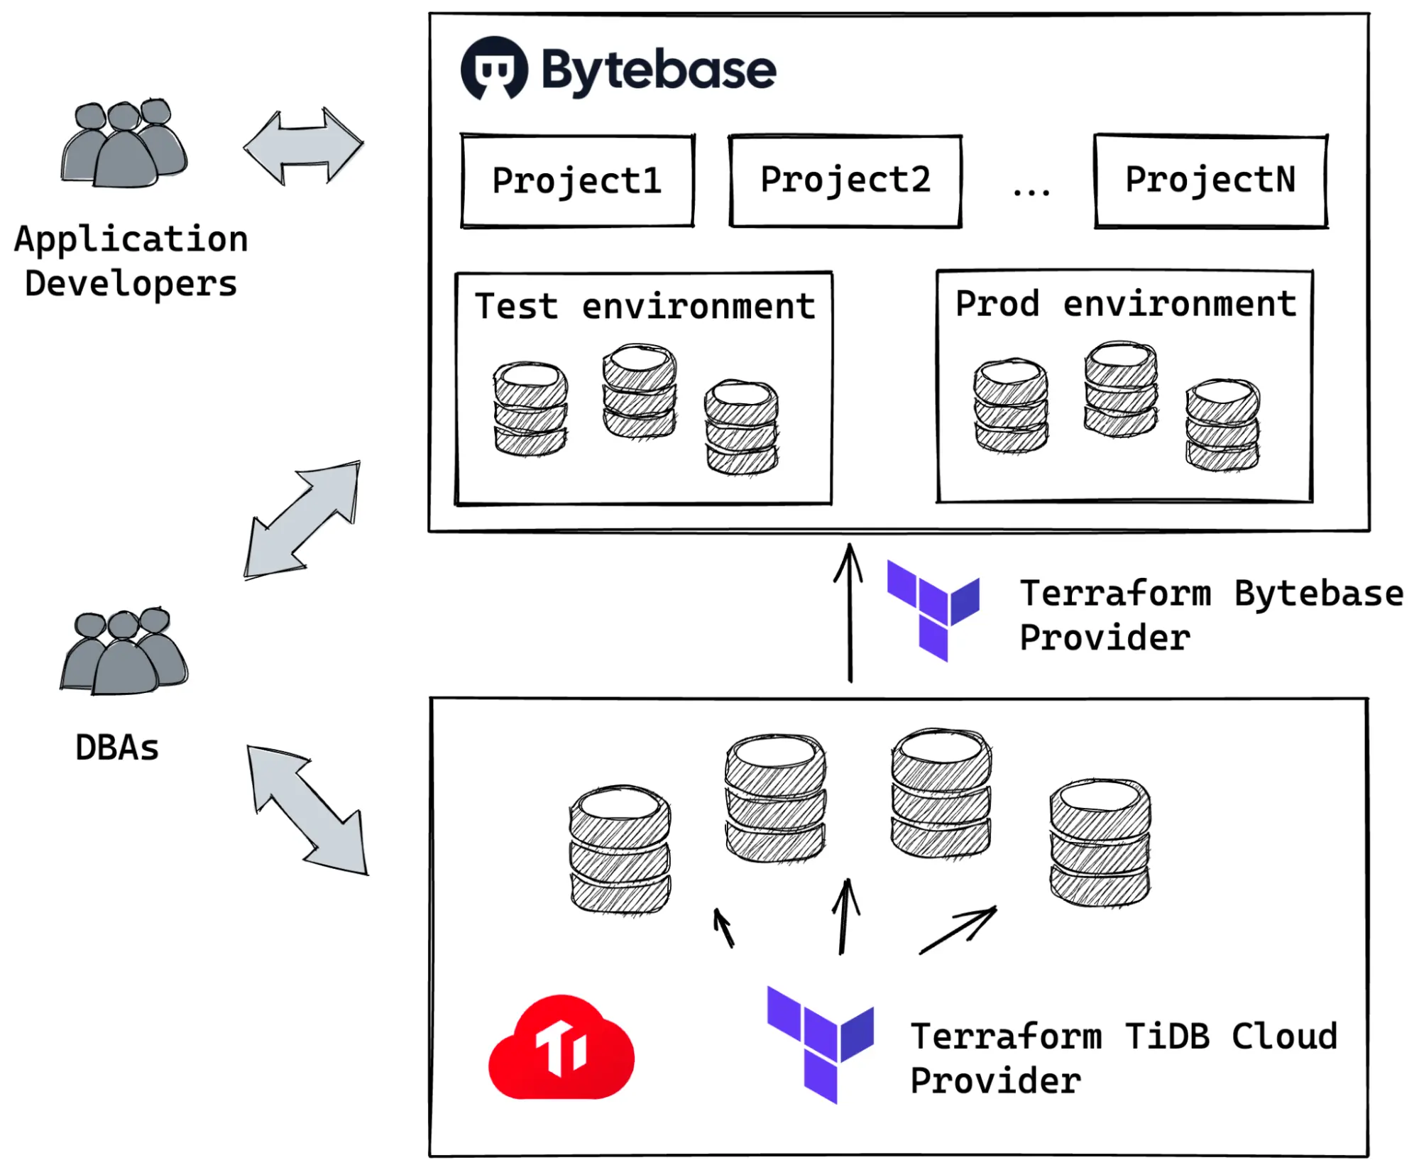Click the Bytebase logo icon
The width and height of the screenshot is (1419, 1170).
pyautogui.click(x=494, y=69)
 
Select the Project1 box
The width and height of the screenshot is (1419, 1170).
pyautogui.click(x=576, y=181)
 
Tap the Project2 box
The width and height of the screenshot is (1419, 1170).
pyautogui.click(x=845, y=180)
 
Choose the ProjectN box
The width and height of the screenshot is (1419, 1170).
pyautogui.click(x=1210, y=180)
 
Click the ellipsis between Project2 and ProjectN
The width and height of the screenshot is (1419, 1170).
pyautogui.click(x=1031, y=190)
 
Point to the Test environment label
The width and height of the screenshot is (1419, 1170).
pyautogui.click(x=645, y=307)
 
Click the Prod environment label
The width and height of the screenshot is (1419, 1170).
pyautogui.click(x=1125, y=304)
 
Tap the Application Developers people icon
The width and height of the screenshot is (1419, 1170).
pyautogui.click(x=125, y=144)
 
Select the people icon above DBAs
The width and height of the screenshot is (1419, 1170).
pyautogui.click(x=125, y=652)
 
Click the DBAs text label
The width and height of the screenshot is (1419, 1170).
pyautogui.click(x=117, y=748)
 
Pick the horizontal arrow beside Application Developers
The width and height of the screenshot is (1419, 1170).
pyautogui.click(x=304, y=146)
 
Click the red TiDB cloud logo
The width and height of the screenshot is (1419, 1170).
pyautogui.click(x=561, y=1049)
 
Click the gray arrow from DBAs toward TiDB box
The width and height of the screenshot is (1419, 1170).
pyautogui.click(x=308, y=809)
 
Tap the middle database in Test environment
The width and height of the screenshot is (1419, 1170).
pyautogui.click(x=639, y=391)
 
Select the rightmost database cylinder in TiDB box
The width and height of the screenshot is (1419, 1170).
pyautogui.click(x=1100, y=843)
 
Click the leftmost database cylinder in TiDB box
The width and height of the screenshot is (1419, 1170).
pyautogui.click(x=620, y=850)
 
